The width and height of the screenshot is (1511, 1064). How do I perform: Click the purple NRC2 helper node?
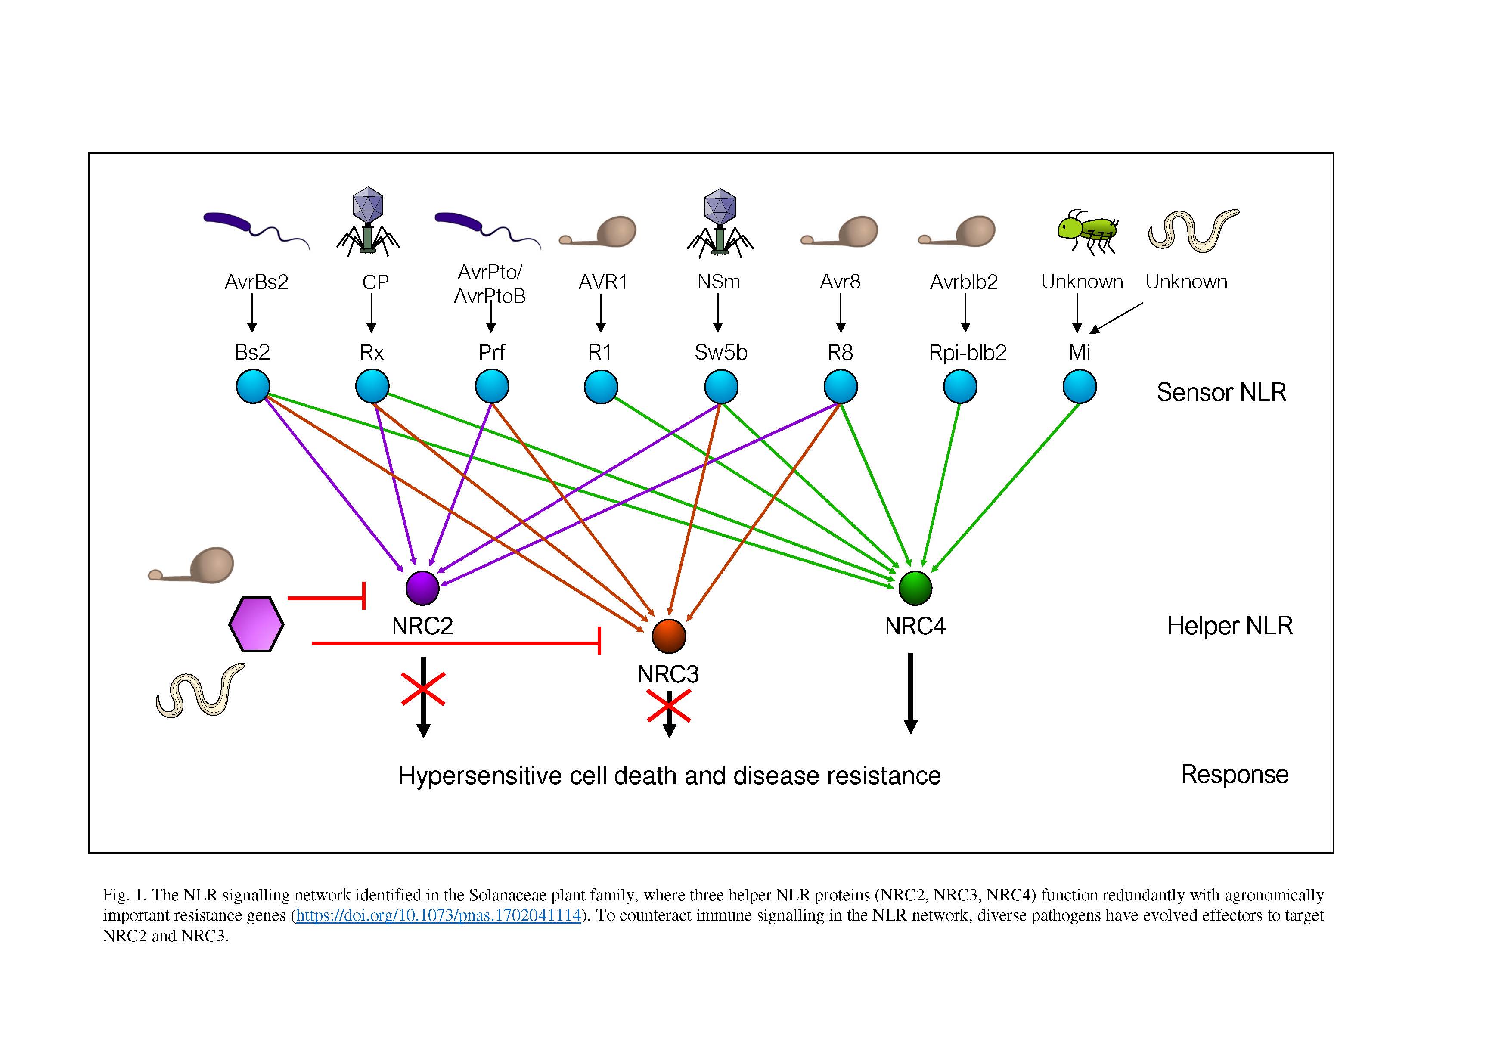point(422,588)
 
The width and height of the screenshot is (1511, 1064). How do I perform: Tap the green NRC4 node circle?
point(915,588)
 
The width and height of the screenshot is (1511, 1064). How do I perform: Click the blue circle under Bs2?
point(253,386)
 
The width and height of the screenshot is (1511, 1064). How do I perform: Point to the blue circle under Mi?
point(1079,386)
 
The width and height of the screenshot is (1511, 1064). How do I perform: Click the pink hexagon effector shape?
point(256,624)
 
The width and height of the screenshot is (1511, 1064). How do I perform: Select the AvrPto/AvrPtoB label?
point(490,284)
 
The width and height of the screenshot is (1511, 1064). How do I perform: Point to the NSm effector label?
point(719,282)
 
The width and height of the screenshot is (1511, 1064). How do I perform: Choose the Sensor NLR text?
point(1222,392)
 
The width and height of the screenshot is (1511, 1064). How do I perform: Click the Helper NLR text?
point(1229,626)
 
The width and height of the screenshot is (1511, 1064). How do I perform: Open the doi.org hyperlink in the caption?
point(438,915)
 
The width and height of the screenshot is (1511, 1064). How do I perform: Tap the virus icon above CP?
point(368,221)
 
